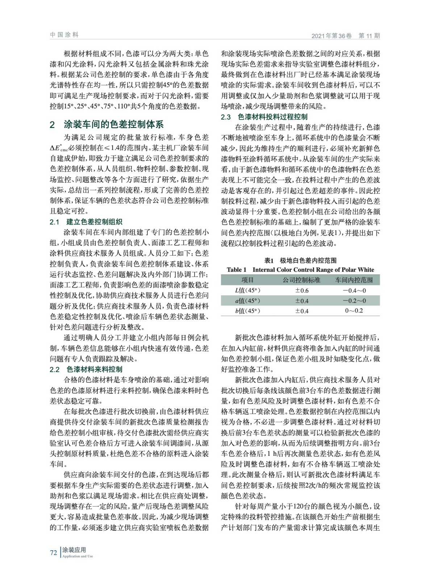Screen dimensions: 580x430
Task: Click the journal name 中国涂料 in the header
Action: pyautogui.click(x=64, y=35)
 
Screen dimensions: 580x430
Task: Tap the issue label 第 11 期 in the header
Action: pyautogui.click(x=369, y=36)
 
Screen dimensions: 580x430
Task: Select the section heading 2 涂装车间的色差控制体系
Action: pyautogui.click(x=107, y=125)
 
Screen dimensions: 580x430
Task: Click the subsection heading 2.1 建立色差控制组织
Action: pyautogui.click(x=86, y=222)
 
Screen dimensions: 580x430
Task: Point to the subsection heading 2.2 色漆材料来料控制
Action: pyautogui.click(x=86, y=369)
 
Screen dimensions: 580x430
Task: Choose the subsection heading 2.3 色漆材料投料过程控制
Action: pyautogui.click(x=264, y=117)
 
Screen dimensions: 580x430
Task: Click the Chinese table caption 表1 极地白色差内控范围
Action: pyautogui.click(x=300, y=260)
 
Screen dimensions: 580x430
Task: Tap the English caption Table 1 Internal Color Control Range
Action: pyautogui.click(x=300, y=270)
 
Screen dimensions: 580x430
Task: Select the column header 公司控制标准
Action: pyautogui.click(x=301, y=280)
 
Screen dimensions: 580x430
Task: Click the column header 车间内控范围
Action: pyautogui.click(x=354, y=280)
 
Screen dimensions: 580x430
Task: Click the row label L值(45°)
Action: pyautogui.click(x=247, y=290)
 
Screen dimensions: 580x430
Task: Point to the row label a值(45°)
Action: pyautogui.click(x=247, y=301)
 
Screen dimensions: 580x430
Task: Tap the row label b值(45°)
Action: pyautogui.click(x=247, y=311)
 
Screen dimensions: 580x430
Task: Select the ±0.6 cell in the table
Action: pyautogui.click(x=301, y=290)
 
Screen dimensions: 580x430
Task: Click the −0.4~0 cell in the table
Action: pyautogui.click(x=354, y=290)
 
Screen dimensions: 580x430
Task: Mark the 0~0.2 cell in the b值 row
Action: pyautogui.click(x=354, y=311)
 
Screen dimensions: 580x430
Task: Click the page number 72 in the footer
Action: pyautogui.click(x=53, y=552)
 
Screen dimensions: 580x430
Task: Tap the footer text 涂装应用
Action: pyautogui.click(x=74, y=550)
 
